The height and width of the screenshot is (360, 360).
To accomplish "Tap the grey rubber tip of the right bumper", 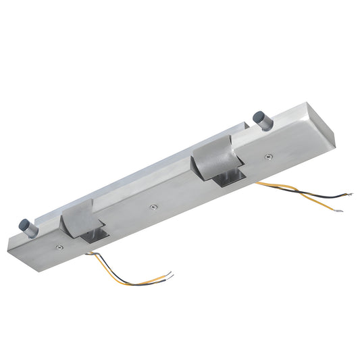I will (257, 117).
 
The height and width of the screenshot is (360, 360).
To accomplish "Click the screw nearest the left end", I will (61, 248).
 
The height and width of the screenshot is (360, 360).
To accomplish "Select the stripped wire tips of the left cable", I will (170, 275).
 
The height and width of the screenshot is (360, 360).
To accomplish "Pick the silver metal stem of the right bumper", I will (264, 124).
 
